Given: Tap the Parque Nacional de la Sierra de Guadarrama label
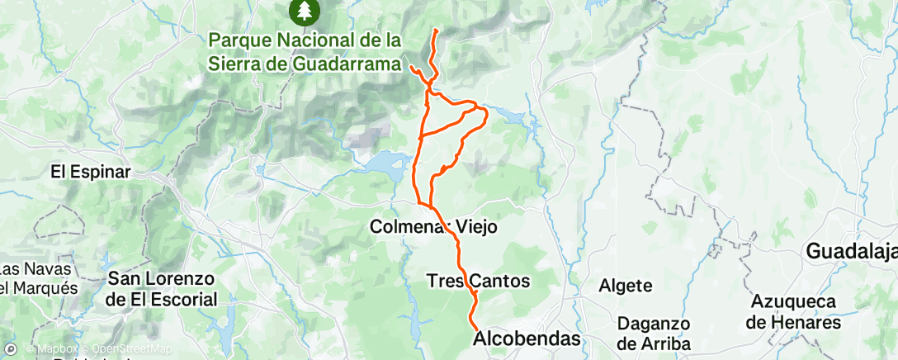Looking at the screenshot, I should (x=305, y=51).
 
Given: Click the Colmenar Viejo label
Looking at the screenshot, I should (x=434, y=225).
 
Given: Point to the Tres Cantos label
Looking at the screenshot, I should (x=478, y=281).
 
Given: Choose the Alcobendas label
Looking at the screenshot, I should (x=527, y=339).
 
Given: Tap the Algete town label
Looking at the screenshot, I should (x=630, y=286).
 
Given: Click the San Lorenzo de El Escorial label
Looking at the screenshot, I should (x=162, y=290).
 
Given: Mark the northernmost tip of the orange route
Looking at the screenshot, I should (x=435, y=31).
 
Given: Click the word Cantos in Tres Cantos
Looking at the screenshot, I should (x=500, y=281).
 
